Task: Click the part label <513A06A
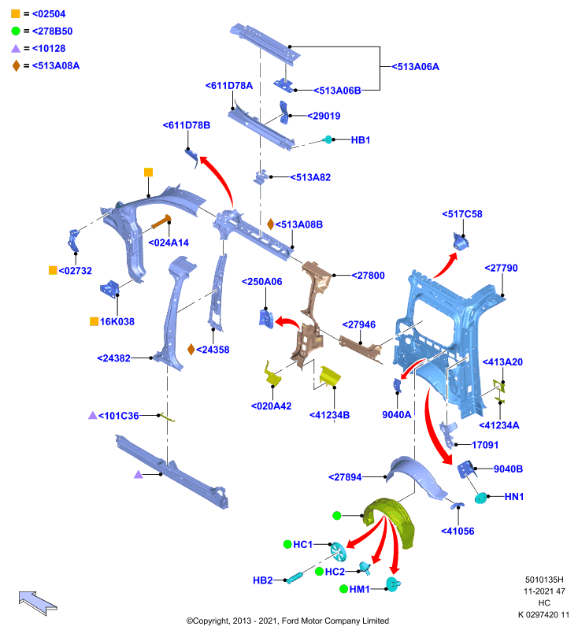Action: tap(415, 67)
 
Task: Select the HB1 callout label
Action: tap(361, 140)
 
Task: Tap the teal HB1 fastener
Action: tap(328, 140)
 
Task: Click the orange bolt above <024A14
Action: tap(161, 222)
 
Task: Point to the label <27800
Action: tap(368, 275)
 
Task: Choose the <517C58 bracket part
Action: tap(461, 241)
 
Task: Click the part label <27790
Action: tap(501, 268)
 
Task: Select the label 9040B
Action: tap(508, 469)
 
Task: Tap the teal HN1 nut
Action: tap(480, 498)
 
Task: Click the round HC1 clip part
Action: tap(338, 551)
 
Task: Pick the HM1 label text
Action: tap(359, 589)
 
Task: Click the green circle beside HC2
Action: tap(320, 572)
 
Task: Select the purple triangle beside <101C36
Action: tap(93, 416)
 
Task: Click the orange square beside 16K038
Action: tap(94, 321)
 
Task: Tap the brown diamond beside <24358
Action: tap(191, 350)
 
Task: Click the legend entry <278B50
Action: tap(52, 31)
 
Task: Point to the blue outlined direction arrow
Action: tap(38, 602)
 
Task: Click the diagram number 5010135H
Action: tap(544, 580)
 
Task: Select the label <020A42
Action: tap(271, 406)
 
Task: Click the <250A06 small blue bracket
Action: tap(266, 319)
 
